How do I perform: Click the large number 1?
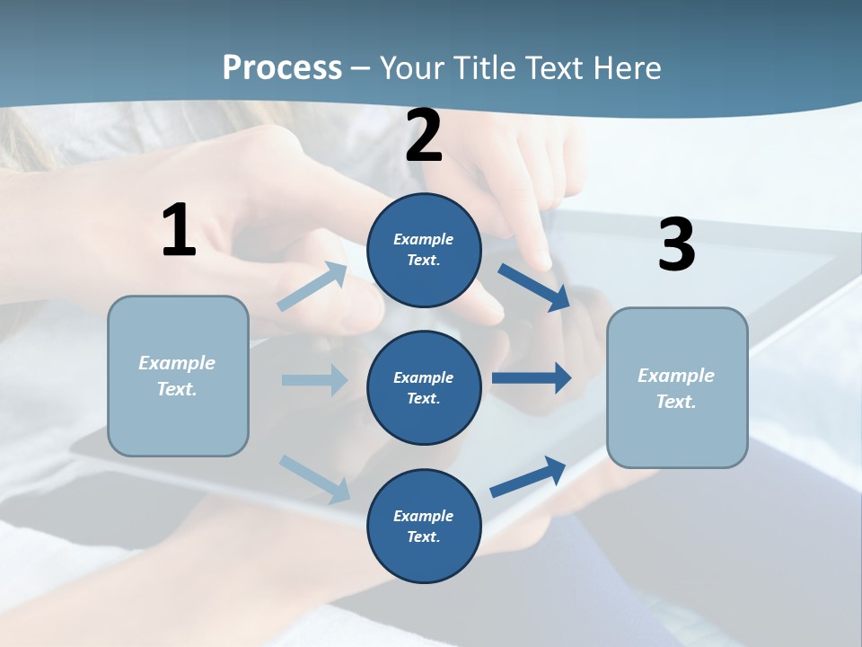click(179, 231)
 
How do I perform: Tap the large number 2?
click(424, 136)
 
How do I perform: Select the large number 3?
click(676, 245)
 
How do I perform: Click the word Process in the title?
click(282, 67)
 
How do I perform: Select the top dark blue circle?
click(424, 250)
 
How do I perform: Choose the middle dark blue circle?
click(424, 387)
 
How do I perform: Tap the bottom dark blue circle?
click(424, 526)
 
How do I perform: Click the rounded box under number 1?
click(178, 376)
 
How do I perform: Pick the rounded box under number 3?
click(677, 387)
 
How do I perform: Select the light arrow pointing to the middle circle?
click(314, 380)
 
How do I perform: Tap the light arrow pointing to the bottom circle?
click(315, 478)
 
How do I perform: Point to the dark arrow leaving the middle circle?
click(531, 378)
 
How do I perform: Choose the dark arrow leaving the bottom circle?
click(528, 476)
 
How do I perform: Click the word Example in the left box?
click(177, 363)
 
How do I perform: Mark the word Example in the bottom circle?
click(423, 516)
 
